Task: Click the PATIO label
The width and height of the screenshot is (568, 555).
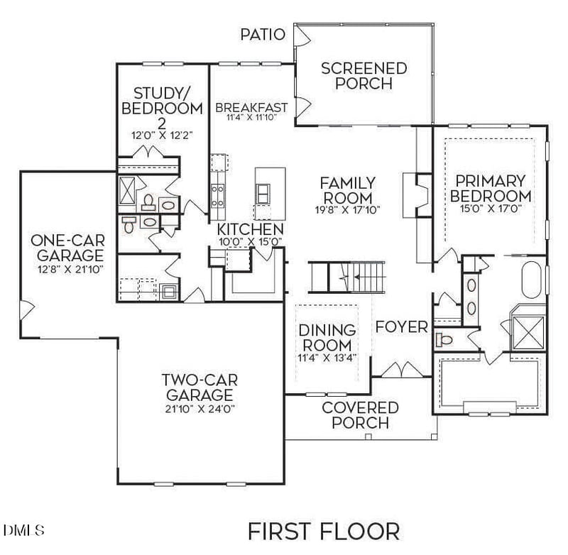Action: tap(263, 34)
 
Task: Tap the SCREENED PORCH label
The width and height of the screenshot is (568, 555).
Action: tap(364, 76)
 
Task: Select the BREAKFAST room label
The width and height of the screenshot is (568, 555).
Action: tap(251, 108)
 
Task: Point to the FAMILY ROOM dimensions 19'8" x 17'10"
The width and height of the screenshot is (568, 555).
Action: tap(347, 210)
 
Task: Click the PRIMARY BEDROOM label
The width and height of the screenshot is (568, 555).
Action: tap(491, 188)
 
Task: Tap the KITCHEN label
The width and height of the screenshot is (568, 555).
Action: tap(250, 229)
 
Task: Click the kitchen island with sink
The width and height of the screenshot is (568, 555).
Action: tap(271, 192)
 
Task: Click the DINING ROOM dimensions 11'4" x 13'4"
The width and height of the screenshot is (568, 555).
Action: tap(327, 358)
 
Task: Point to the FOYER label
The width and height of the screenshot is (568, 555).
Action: tap(401, 327)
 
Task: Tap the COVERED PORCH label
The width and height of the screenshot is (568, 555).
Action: tap(360, 415)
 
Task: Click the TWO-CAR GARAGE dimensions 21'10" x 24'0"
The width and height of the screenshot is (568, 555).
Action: tap(199, 409)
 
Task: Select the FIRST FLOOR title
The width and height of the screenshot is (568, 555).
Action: tap(323, 530)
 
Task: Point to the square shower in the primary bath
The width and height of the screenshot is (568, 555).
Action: tap(529, 327)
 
